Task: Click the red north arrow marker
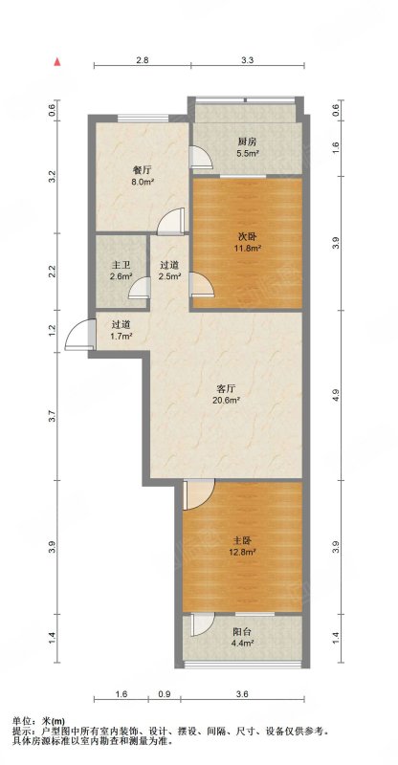coord(57,62)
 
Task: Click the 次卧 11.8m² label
coord(248,242)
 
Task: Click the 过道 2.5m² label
coord(170,271)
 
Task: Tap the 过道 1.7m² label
coord(121,330)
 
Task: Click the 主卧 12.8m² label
coord(243,546)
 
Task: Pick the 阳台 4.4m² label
coord(242,637)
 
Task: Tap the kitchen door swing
coord(201,157)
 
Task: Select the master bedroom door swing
coord(198,494)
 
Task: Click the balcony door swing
coord(203,624)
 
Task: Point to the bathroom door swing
coord(140,287)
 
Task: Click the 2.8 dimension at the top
coord(143,60)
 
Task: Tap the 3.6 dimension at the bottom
coord(243,694)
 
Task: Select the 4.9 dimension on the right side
coord(335,395)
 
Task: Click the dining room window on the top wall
coord(144,118)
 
